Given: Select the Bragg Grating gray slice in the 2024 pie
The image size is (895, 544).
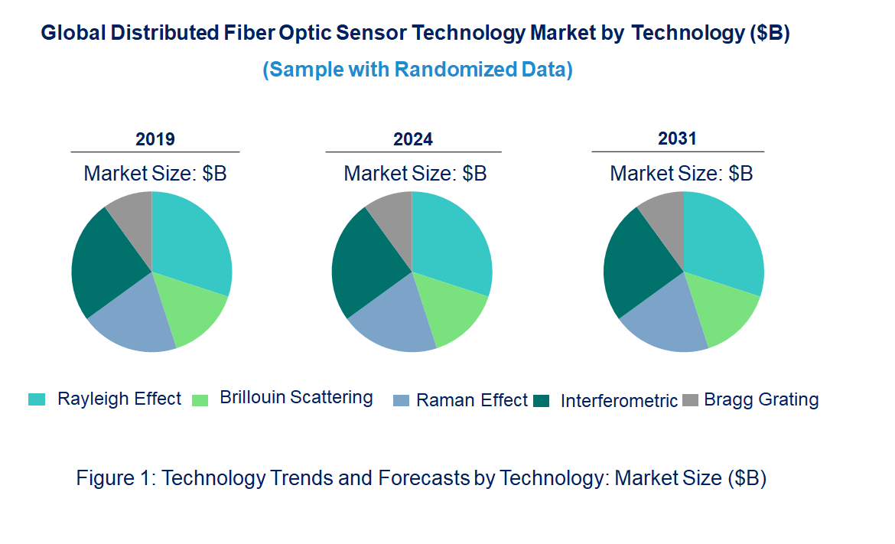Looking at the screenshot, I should point(392,214).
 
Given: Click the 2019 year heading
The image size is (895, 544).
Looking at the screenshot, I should point(155,139).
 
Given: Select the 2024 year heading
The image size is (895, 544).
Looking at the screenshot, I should point(413,139).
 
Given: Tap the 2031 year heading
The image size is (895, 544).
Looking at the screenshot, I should point(677,138).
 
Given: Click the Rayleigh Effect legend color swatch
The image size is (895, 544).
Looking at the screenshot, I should point(37,399).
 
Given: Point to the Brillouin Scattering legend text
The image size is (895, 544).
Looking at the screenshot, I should point(296,398).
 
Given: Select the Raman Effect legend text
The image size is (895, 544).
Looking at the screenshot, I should point(471,400).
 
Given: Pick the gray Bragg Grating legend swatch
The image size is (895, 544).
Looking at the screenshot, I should point(691,399).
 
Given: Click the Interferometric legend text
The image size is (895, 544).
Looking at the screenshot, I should point(619,401).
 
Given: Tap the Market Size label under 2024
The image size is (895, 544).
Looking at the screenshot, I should point(415,174).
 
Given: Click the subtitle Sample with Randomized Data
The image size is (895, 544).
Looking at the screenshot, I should point(418,70).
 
